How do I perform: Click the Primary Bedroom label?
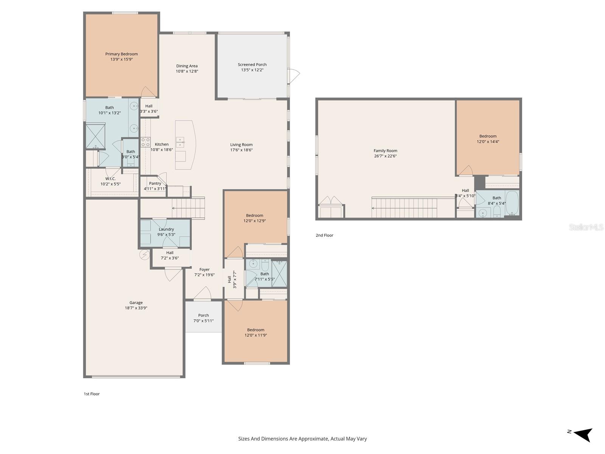click(121, 54)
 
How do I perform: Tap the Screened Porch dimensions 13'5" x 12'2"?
click(252, 70)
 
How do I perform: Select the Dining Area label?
click(187, 66)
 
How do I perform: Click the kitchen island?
click(185, 145)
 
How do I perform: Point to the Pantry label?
click(155, 183)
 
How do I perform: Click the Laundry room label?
click(166, 229)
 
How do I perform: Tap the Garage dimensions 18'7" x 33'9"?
click(136, 308)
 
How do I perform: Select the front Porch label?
click(203, 315)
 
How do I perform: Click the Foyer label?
click(205, 270)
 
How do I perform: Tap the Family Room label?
click(385, 151)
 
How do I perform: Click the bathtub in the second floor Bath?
click(512, 203)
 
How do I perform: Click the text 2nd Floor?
click(324, 235)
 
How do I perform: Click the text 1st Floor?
click(92, 394)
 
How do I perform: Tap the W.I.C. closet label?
click(110, 179)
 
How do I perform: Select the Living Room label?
click(241, 145)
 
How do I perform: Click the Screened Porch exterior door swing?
click(294, 76)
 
